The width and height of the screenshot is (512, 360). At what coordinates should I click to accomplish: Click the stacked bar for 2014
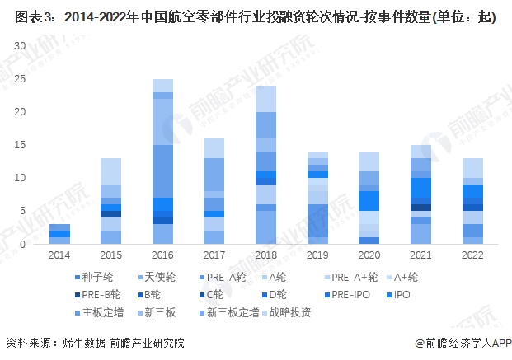tap(59, 234)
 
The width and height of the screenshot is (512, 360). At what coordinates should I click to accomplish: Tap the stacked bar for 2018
tap(265, 165)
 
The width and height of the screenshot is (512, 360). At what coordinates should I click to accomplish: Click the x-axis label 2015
tap(111, 257)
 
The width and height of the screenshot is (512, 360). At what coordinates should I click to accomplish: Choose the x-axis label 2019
tap(317, 257)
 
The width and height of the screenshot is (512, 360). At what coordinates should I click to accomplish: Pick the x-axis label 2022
tap(472, 257)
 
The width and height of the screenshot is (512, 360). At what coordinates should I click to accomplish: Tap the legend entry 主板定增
tap(102, 312)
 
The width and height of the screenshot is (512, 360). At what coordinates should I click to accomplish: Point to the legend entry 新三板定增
tap(228, 312)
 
